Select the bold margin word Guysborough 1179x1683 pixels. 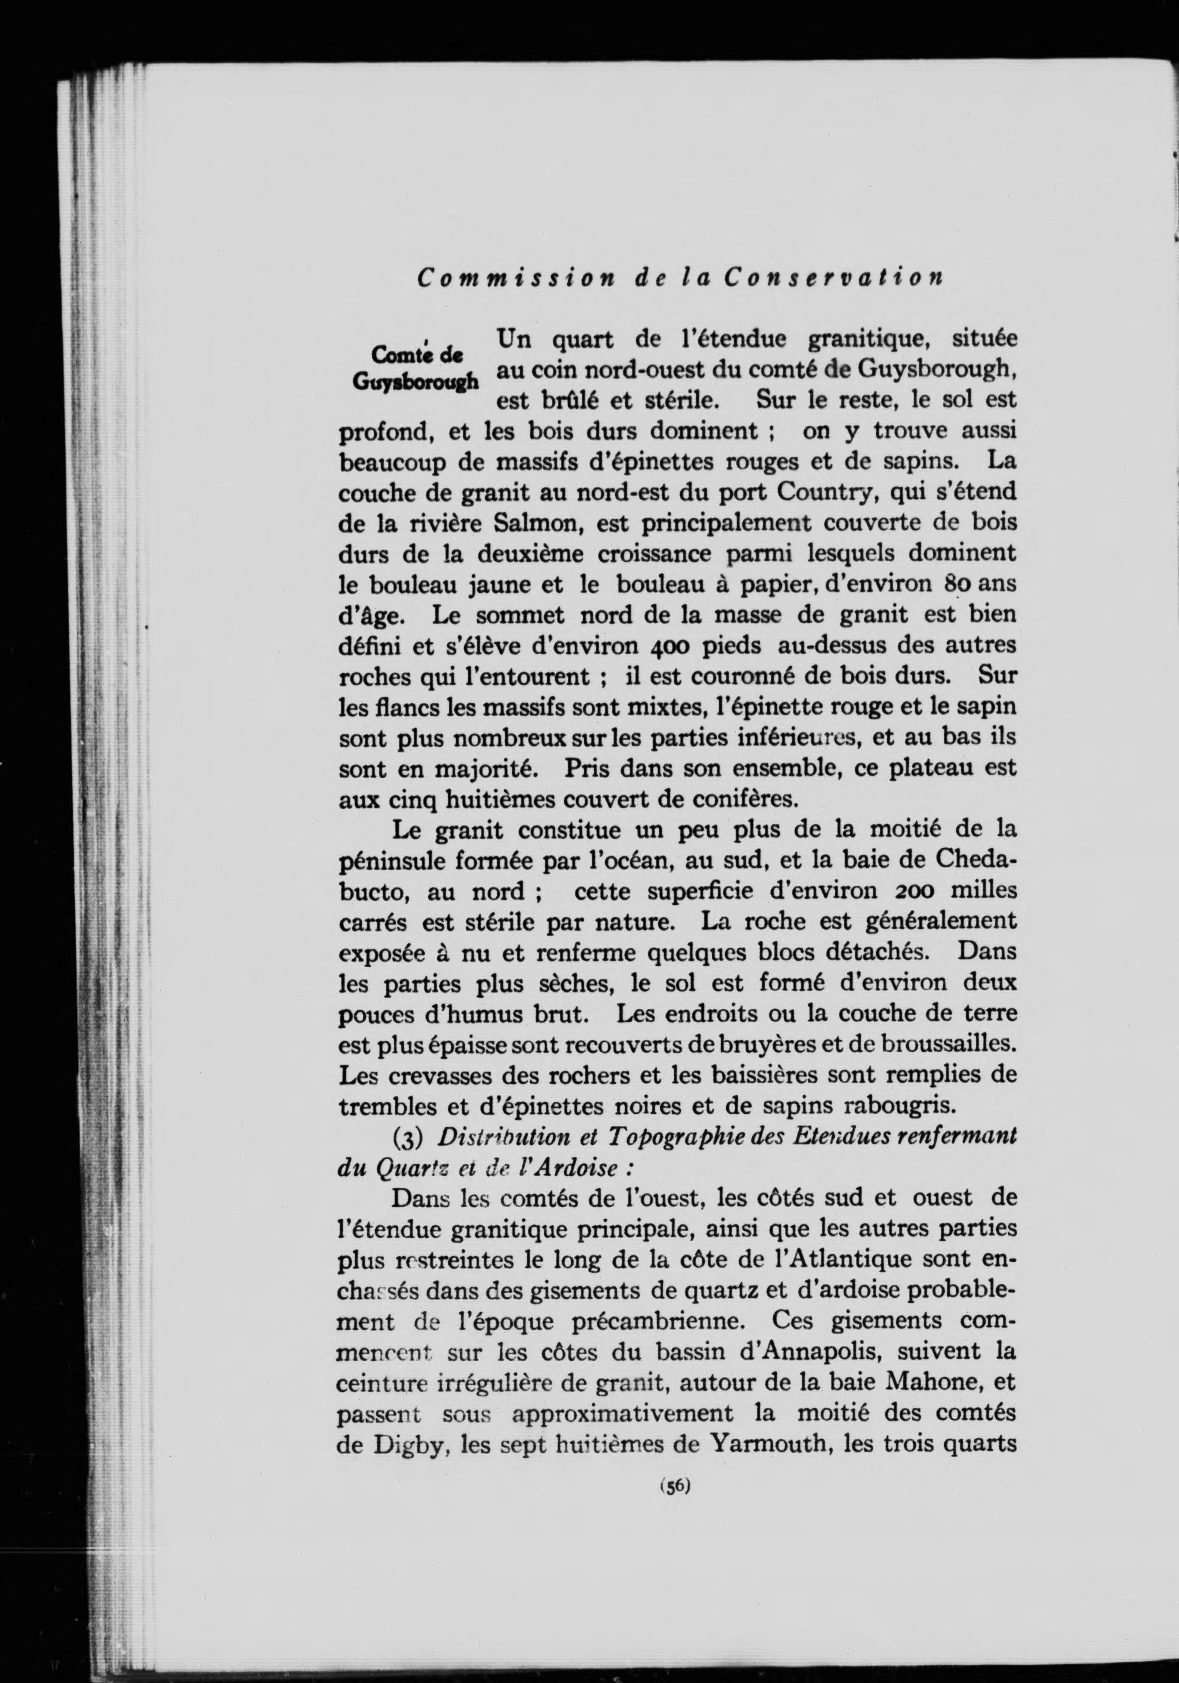(416, 381)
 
